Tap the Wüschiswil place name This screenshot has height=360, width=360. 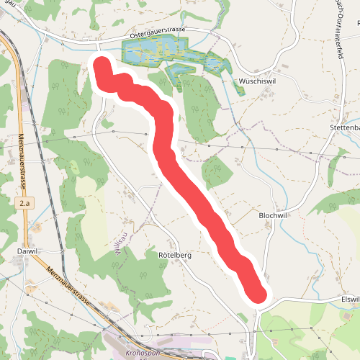258,81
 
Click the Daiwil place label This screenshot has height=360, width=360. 26,251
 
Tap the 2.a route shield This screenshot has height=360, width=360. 25,204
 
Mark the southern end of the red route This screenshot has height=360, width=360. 258,294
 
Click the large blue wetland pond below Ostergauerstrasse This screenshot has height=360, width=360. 155,51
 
